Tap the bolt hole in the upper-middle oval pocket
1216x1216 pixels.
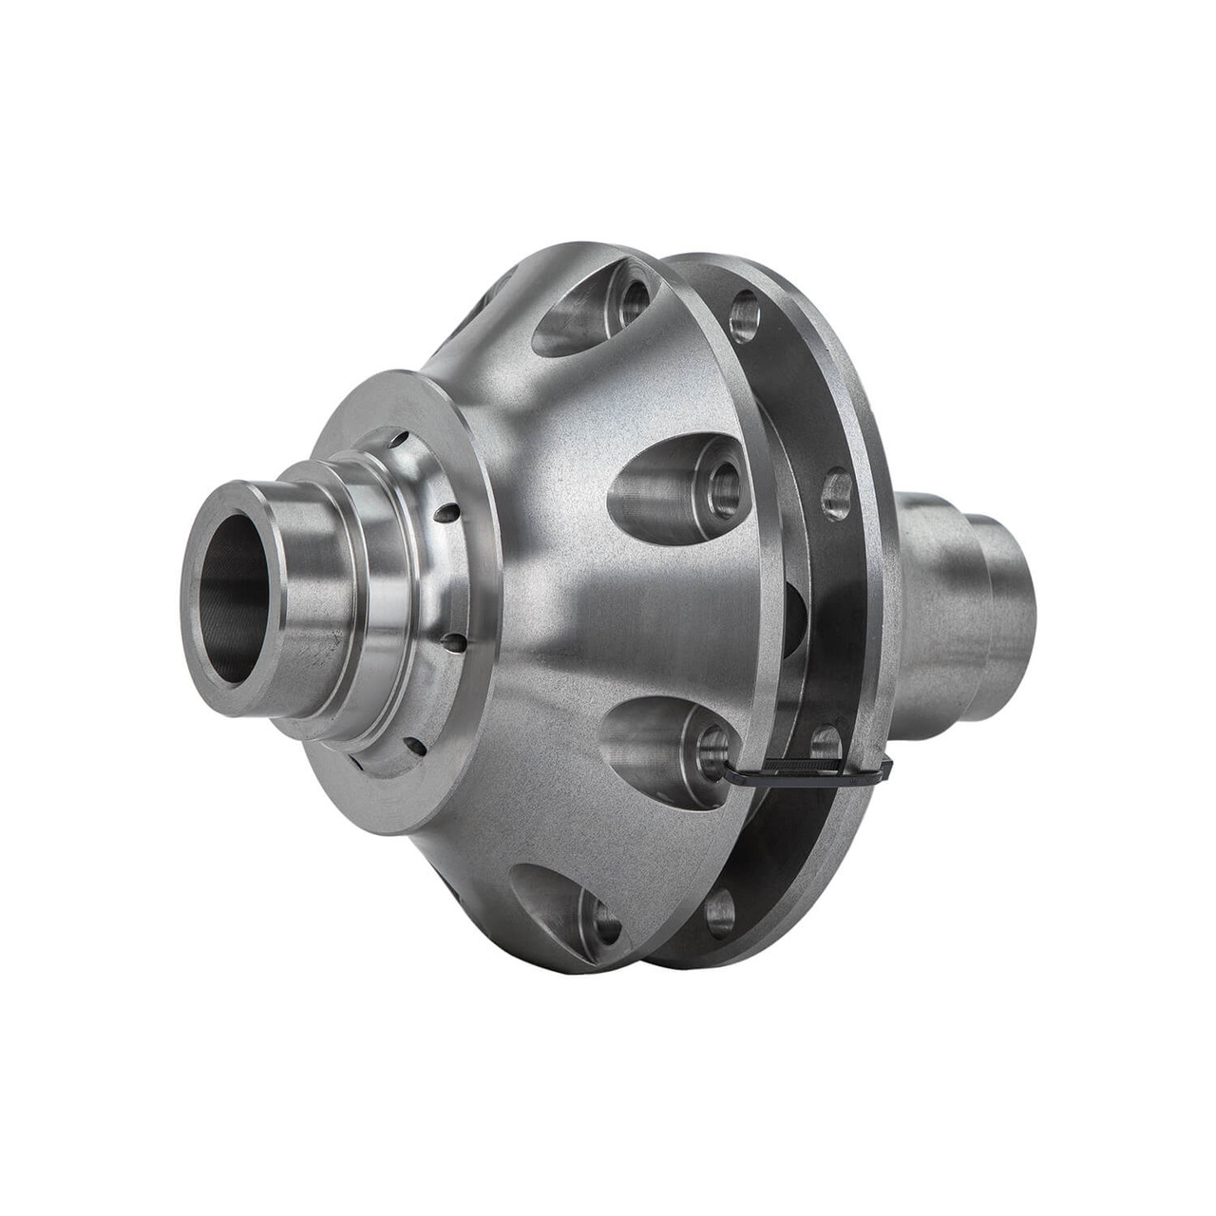click(x=725, y=475)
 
